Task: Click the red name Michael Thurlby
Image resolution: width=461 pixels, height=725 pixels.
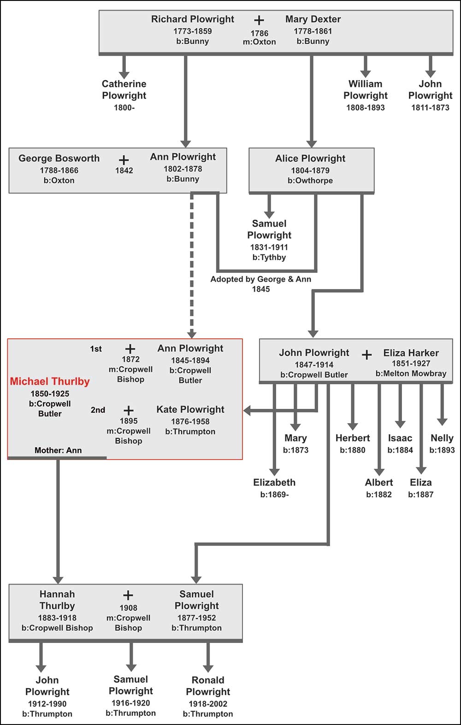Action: point(50,382)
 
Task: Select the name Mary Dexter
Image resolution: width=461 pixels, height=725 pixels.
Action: point(313,19)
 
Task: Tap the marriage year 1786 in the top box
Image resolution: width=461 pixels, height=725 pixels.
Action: point(259,33)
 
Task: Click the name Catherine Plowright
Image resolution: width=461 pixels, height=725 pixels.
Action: point(124,90)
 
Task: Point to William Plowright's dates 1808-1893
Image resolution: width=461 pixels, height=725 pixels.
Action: point(365,108)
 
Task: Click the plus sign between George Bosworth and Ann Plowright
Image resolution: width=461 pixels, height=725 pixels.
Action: point(124,160)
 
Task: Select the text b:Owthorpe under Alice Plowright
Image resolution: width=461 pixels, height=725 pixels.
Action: point(310,181)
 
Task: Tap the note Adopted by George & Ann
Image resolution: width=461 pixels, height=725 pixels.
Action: point(260,279)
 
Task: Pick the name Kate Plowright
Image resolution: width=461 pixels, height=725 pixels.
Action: point(190,410)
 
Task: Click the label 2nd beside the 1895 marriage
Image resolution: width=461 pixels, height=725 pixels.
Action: point(98,410)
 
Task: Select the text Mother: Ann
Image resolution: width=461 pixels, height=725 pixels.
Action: point(58,451)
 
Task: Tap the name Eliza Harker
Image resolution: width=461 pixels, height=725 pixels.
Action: point(411,353)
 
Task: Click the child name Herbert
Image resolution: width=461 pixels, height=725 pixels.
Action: point(353,438)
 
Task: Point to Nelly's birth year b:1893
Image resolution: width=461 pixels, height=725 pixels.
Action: point(442,450)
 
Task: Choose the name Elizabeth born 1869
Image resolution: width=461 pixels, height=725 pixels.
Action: point(274,483)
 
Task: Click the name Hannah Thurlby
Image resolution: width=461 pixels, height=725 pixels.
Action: point(57,600)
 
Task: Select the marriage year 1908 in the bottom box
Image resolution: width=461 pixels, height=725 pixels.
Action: point(128,608)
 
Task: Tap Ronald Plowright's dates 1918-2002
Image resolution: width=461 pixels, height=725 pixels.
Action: point(208,704)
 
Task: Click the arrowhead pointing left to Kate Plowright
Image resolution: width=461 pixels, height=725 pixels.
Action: point(247,410)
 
